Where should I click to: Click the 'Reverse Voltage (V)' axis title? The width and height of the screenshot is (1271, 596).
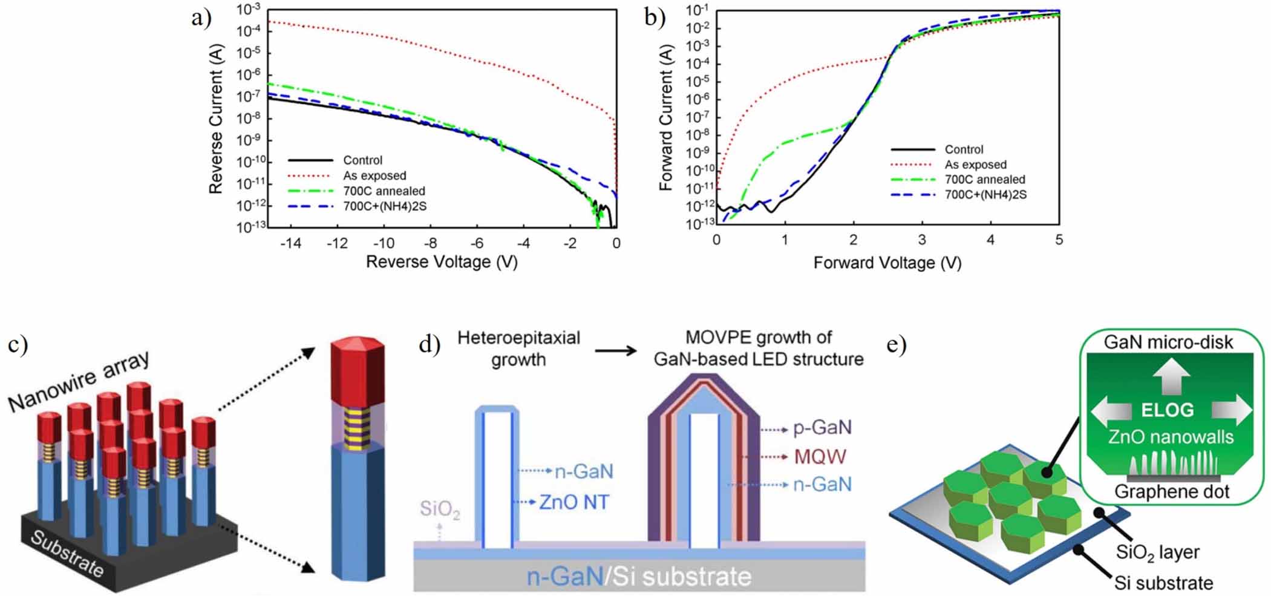[x=442, y=262]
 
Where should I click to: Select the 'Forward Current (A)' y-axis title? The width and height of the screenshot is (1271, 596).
[x=666, y=117]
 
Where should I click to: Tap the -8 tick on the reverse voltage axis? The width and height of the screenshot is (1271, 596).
[x=430, y=243]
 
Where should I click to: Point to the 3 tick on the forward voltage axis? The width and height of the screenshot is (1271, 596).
[x=921, y=240]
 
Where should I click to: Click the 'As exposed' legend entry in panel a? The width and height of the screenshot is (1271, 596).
[x=374, y=175]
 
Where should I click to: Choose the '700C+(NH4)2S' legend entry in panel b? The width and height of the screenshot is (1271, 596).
[x=985, y=195]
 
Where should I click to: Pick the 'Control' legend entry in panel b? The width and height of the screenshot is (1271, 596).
[x=964, y=149]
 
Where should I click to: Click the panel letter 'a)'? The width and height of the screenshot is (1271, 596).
[x=201, y=18]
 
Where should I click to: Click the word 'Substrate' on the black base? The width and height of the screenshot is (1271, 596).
[x=67, y=554]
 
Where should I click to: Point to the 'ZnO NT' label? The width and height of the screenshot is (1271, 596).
[x=573, y=502]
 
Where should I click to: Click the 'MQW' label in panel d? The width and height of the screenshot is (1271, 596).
[x=820, y=456]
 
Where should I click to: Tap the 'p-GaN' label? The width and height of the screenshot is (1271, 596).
[x=822, y=428]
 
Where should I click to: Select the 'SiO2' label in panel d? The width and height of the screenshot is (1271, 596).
[x=440, y=509]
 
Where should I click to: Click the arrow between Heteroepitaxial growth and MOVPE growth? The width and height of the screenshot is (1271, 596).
[x=615, y=350]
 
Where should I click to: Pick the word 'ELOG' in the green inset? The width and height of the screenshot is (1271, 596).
[x=1167, y=411]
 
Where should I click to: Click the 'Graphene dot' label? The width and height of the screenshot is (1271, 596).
[x=1172, y=491]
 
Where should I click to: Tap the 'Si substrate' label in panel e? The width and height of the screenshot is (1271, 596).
[x=1163, y=583]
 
